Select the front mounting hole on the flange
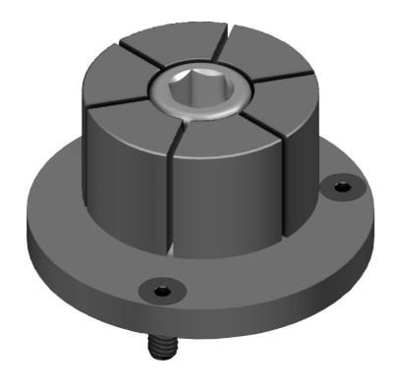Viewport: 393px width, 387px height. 160,289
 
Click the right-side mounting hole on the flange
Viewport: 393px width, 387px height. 341,185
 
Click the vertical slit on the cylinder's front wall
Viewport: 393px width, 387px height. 173,196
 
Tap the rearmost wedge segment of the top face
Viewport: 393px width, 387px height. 187,51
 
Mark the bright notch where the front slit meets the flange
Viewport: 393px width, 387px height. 173,249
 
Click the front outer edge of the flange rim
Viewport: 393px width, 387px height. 196,319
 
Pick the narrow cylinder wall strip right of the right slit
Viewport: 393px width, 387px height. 305,157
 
